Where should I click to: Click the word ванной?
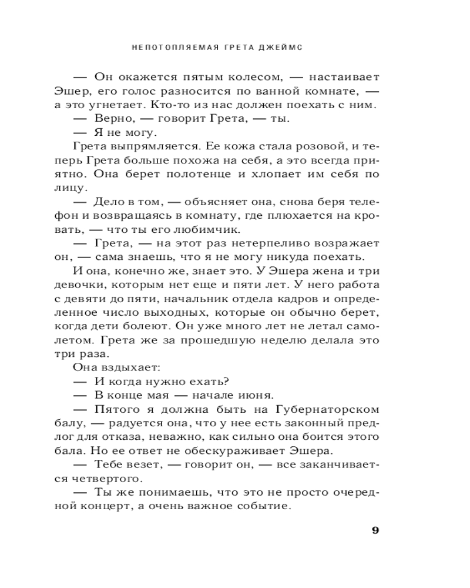(276, 91)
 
